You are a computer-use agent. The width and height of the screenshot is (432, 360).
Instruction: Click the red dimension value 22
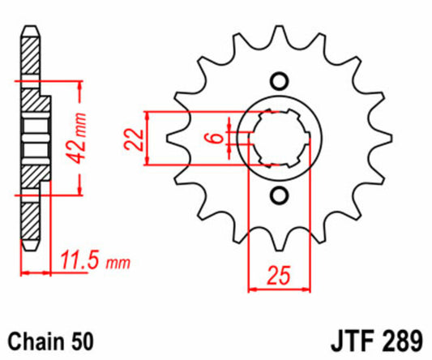[x=133, y=140]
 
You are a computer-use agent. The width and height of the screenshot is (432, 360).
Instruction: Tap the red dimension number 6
[x=215, y=139]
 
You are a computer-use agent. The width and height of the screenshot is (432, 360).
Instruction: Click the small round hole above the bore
[x=280, y=81]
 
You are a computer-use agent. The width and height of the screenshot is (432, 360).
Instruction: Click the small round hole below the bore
[x=280, y=195]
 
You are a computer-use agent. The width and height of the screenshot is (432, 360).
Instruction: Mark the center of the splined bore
[x=280, y=139]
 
